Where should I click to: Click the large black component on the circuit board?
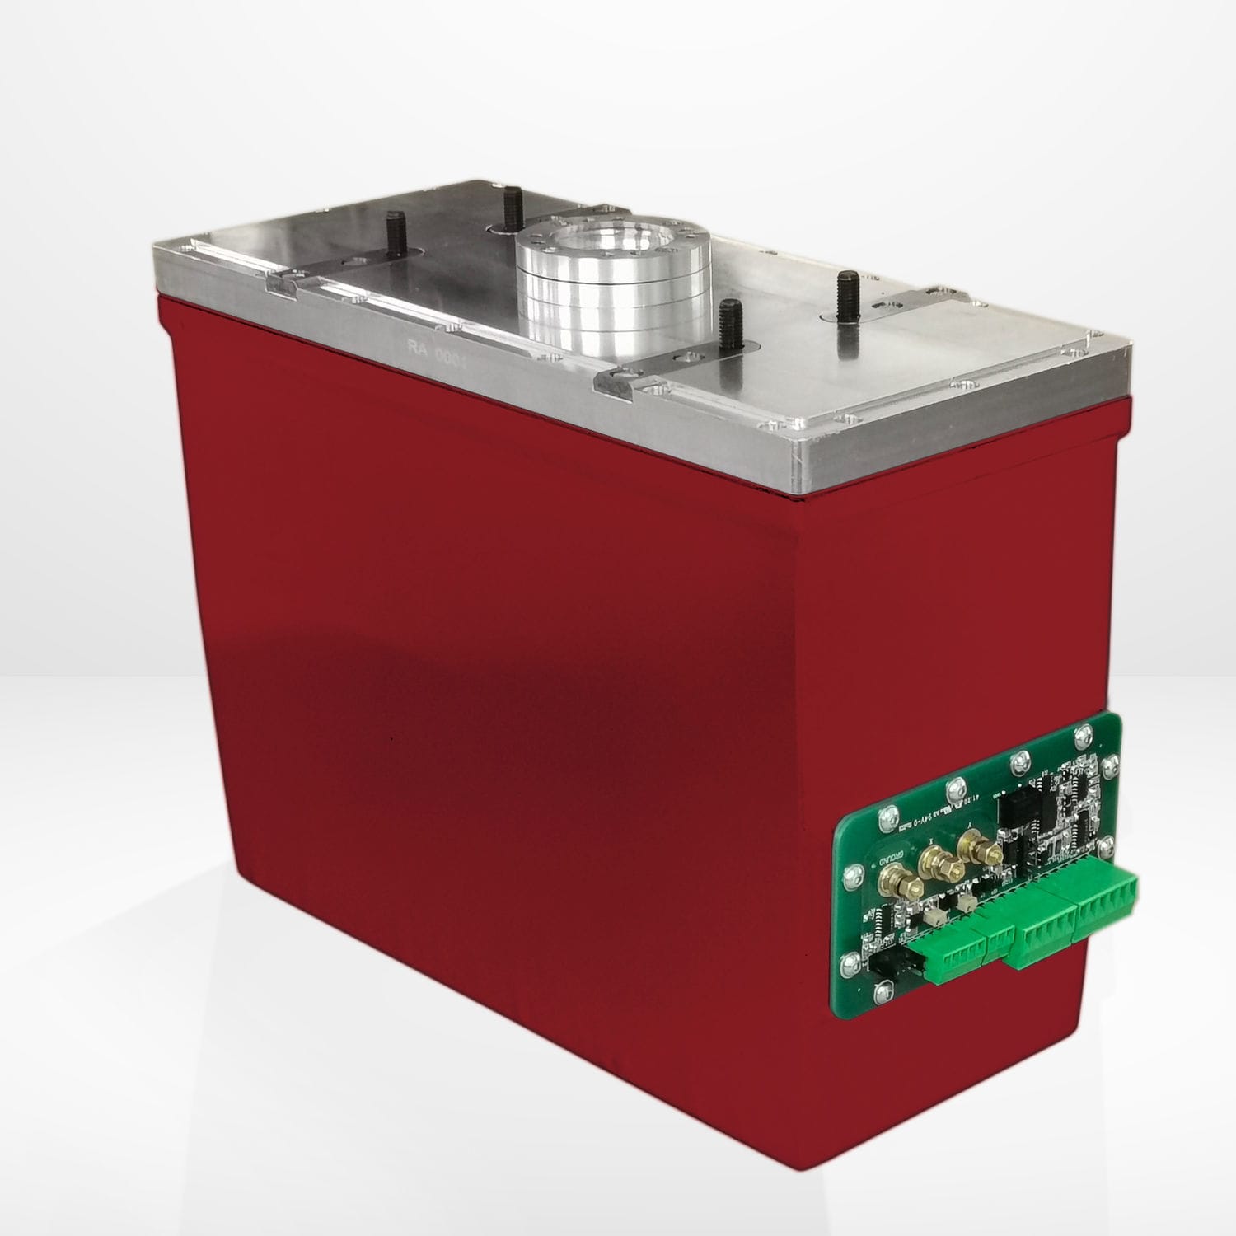(x=1013, y=814)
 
